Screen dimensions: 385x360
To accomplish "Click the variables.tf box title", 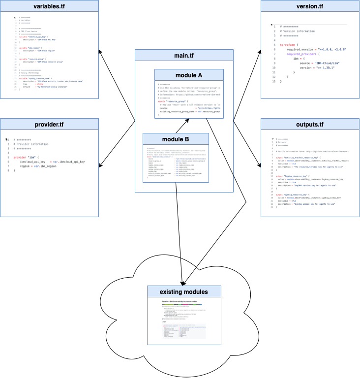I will click(x=49, y=6).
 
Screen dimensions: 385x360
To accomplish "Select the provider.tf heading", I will click(x=49, y=124).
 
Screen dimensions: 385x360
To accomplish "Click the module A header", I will click(x=189, y=75).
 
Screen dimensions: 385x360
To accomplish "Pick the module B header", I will click(x=176, y=139).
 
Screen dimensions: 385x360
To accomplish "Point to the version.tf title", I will click(x=310, y=6).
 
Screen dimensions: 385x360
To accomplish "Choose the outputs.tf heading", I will click(x=310, y=124).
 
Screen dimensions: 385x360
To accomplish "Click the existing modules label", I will click(x=182, y=292).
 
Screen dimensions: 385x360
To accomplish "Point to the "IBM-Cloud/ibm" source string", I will click(x=327, y=63).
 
